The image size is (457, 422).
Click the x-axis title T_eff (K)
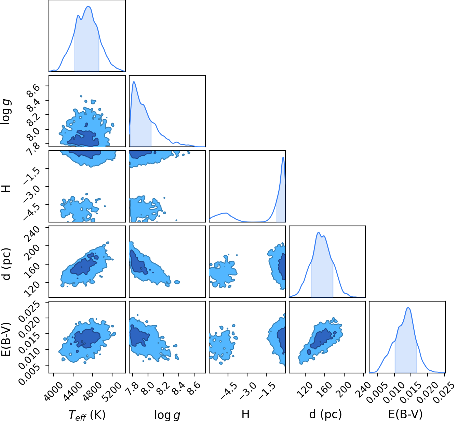[87, 414]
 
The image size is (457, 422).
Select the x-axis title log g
[167, 415]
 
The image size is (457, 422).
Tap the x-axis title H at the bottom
[245, 414]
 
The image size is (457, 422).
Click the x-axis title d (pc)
[325, 414]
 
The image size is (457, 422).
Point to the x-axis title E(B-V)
[405, 414]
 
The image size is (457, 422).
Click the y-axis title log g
[6, 112]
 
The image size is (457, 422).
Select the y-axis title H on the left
[6, 188]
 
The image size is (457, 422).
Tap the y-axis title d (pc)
[6, 264]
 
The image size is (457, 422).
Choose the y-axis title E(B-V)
[6, 339]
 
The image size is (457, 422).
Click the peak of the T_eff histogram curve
[89, 6]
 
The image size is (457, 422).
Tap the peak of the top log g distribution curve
[134, 81]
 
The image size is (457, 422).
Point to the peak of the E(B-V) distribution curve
[408, 308]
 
